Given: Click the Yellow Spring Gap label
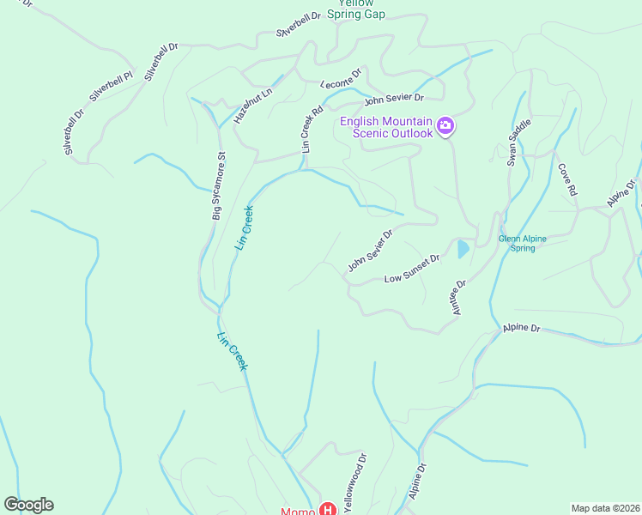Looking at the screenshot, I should pyautogui.click(x=356, y=9).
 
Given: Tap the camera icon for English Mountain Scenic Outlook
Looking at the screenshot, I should pyautogui.click(x=445, y=127).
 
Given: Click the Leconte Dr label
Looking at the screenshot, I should pyautogui.click(x=342, y=79).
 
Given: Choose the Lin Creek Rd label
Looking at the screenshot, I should pyautogui.click(x=312, y=129).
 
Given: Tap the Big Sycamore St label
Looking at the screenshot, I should pyautogui.click(x=219, y=186).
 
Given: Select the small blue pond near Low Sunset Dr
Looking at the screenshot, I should pyautogui.click(x=463, y=250).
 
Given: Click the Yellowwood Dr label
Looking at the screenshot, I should pyautogui.click(x=354, y=484).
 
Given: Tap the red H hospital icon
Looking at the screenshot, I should pyautogui.click(x=327, y=510).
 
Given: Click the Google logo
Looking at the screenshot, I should pyautogui.click(x=28, y=505).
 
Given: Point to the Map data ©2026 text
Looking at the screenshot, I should pyautogui.click(x=604, y=508).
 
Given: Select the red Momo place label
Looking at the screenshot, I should pyautogui.click(x=299, y=512).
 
